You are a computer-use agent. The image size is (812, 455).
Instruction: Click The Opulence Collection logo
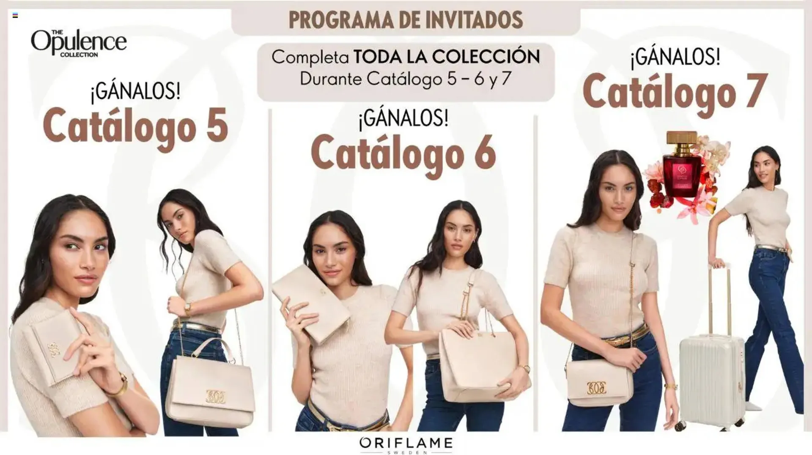pos(79,43)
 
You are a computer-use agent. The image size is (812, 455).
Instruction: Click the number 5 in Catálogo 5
pos(217,126)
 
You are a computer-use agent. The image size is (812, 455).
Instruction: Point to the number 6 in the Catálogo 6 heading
pos(485,153)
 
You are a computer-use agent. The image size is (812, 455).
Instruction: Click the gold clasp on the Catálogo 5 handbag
pos(216,395)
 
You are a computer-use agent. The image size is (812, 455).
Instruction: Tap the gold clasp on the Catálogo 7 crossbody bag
pos(596,387)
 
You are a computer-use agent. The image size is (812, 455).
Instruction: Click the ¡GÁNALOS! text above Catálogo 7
pos(675,58)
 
